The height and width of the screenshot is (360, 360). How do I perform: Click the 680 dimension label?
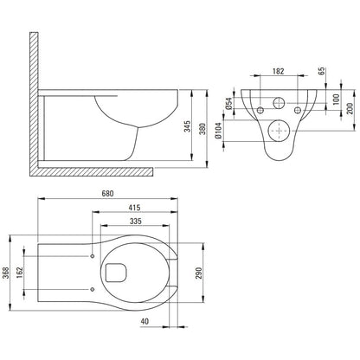point(107,193)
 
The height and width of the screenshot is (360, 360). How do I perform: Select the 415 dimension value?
point(134,208)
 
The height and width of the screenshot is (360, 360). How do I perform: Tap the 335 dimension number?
point(136,221)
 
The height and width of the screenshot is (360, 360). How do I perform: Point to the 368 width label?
point(6,273)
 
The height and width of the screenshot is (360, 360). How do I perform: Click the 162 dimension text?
point(20,273)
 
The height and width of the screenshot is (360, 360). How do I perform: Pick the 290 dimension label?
point(199,273)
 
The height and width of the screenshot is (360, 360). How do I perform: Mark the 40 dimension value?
point(145,321)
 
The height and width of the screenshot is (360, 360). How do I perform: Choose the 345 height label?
point(188,126)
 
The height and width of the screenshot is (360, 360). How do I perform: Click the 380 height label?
point(202,129)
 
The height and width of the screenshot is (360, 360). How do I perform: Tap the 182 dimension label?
point(278,71)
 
